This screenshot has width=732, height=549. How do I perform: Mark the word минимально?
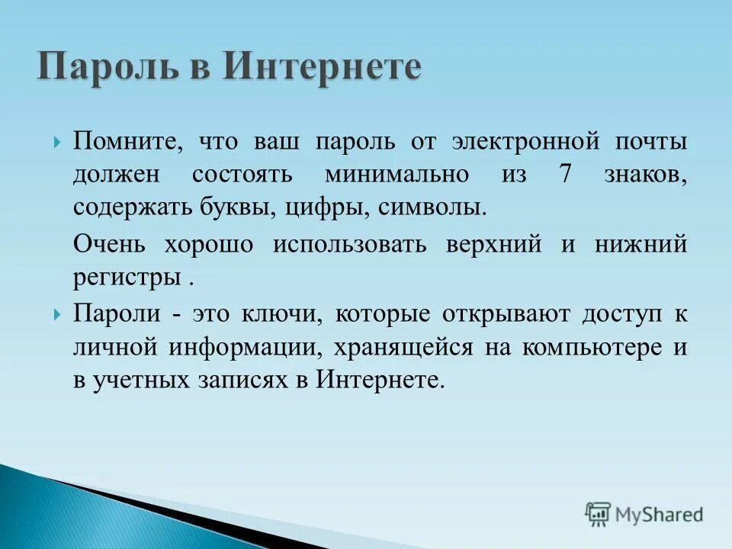(x=396, y=175)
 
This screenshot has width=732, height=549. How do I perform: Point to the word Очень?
(x=111, y=244)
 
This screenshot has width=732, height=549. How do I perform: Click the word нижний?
(x=645, y=244)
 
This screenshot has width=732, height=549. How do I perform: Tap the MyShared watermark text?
(x=660, y=515)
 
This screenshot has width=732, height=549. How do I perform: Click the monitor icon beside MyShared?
(x=598, y=515)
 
